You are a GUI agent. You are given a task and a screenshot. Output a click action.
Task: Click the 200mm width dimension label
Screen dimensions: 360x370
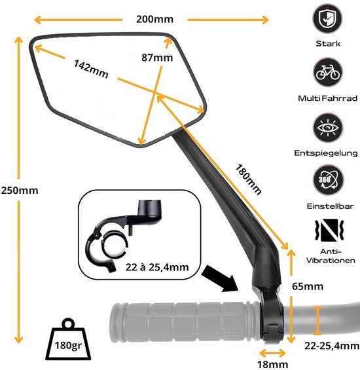[154, 20]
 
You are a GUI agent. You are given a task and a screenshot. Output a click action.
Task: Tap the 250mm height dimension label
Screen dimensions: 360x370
[20, 191]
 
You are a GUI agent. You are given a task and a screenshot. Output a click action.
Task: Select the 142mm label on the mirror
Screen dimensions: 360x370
[91, 69]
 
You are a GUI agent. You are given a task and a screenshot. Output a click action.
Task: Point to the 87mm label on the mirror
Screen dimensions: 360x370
[157, 58]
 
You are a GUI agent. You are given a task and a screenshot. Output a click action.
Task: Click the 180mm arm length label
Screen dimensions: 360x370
[249, 179]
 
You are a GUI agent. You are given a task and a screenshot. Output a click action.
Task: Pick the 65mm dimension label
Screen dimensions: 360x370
[308, 286]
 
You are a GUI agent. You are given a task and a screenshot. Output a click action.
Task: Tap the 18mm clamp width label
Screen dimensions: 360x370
[272, 364]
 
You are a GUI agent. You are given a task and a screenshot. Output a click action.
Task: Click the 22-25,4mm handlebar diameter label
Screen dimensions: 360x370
[332, 346]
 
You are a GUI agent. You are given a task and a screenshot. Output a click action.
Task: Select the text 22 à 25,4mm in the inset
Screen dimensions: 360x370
[157, 267]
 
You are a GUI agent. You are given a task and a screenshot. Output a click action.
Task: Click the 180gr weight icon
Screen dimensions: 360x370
[68, 340]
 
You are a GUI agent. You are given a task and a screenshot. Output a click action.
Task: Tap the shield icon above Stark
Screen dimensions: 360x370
[327, 18]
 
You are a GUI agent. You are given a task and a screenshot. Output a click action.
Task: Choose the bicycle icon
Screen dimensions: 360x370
[328, 72]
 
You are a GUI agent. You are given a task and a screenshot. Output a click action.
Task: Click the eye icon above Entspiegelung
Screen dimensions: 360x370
[328, 128]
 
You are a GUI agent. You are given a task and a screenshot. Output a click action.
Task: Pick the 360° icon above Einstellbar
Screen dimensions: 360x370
[328, 180]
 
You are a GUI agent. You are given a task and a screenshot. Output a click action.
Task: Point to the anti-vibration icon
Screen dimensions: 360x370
[329, 231]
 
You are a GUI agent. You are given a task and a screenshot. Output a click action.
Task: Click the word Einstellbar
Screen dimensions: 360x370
[331, 206]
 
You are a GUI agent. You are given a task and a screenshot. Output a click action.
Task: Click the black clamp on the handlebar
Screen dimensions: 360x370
[271, 316]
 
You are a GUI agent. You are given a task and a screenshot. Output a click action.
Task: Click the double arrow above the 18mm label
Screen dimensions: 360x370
[272, 353]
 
